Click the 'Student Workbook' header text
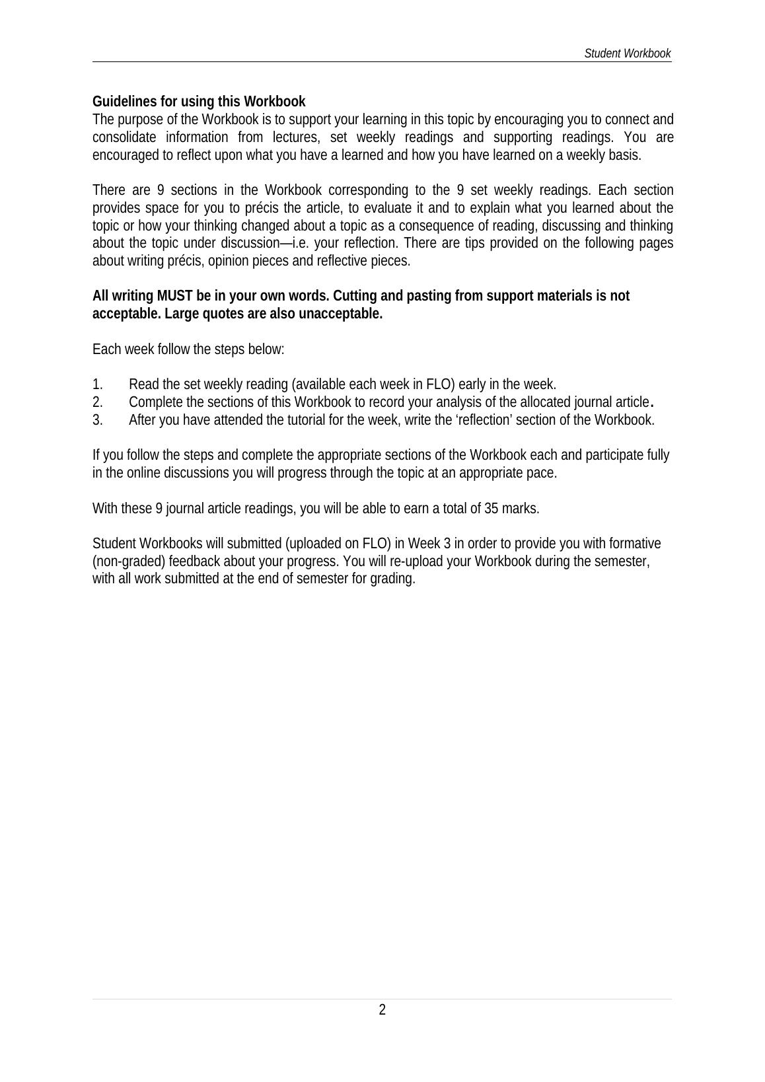coord(627,54)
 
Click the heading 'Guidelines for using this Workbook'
coord(198,102)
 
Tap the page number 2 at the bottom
coord(382,1009)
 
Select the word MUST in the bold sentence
coord(175,296)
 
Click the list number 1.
coord(97,384)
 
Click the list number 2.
coord(97,402)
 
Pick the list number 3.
coord(97,420)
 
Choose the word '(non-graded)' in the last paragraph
coord(129,561)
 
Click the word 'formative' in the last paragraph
coord(634,544)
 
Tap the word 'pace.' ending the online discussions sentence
coord(543,473)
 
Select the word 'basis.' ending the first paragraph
coord(624,155)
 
